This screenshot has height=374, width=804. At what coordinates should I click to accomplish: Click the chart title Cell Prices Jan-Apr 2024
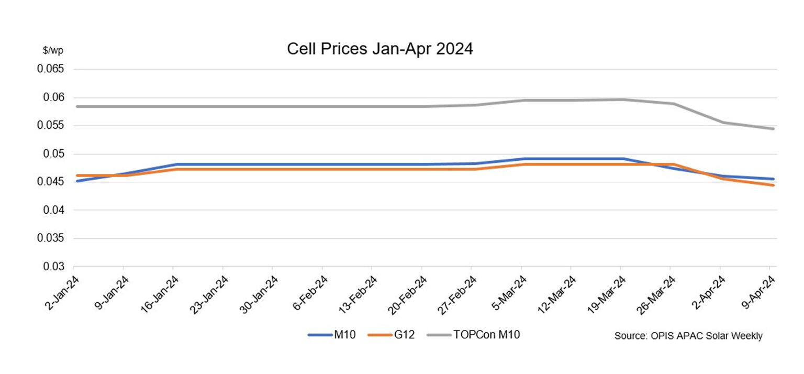tap(379, 49)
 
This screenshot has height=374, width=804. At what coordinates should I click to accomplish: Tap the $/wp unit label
tap(53, 51)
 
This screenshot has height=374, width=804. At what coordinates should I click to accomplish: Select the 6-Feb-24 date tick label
tap(310, 293)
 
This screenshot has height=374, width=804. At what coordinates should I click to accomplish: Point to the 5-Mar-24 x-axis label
tap(509, 293)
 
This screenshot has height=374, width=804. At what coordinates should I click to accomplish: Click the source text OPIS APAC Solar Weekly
tap(688, 336)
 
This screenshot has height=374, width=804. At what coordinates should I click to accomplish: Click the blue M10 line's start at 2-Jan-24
tap(76, 181)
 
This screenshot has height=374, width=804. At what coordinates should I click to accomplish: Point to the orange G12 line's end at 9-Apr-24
tap(773, 185)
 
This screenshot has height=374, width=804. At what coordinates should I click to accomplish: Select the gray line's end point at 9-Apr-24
tap(773, 128)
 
